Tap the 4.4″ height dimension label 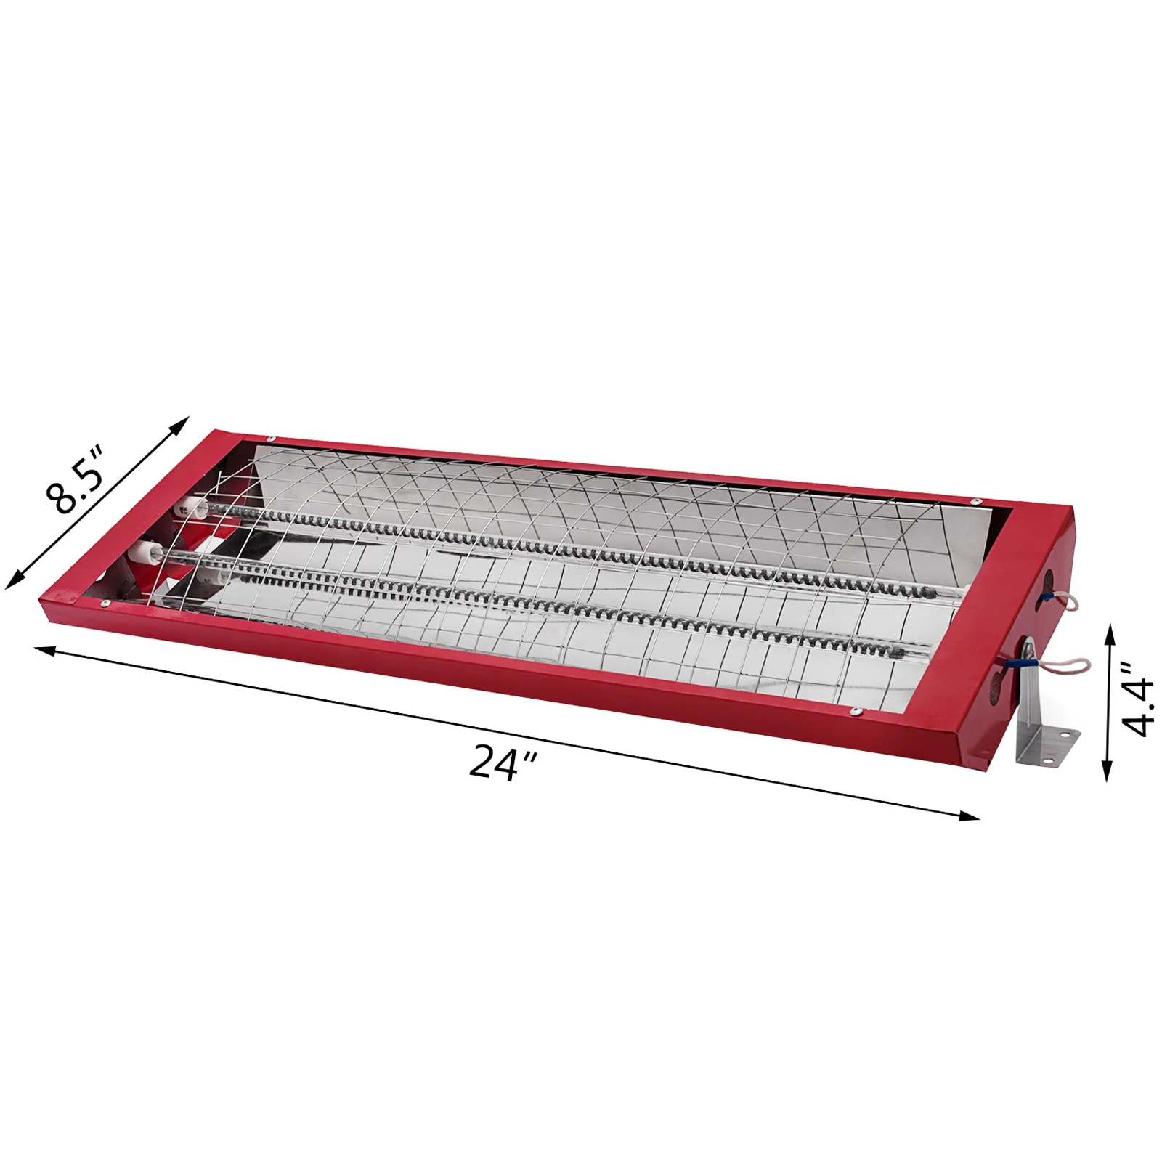pyautogui.click(x=1135, y=697)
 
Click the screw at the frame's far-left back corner pyautogui.click(x=272, y=439)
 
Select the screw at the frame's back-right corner pyautogui.click(x=976, y=501)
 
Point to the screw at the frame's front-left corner pyautogui.click(x=104, y=602)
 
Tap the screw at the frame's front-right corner pyautogui.click(x=857, y=711)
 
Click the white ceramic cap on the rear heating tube pyautogui.click(x=182, y=508)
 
